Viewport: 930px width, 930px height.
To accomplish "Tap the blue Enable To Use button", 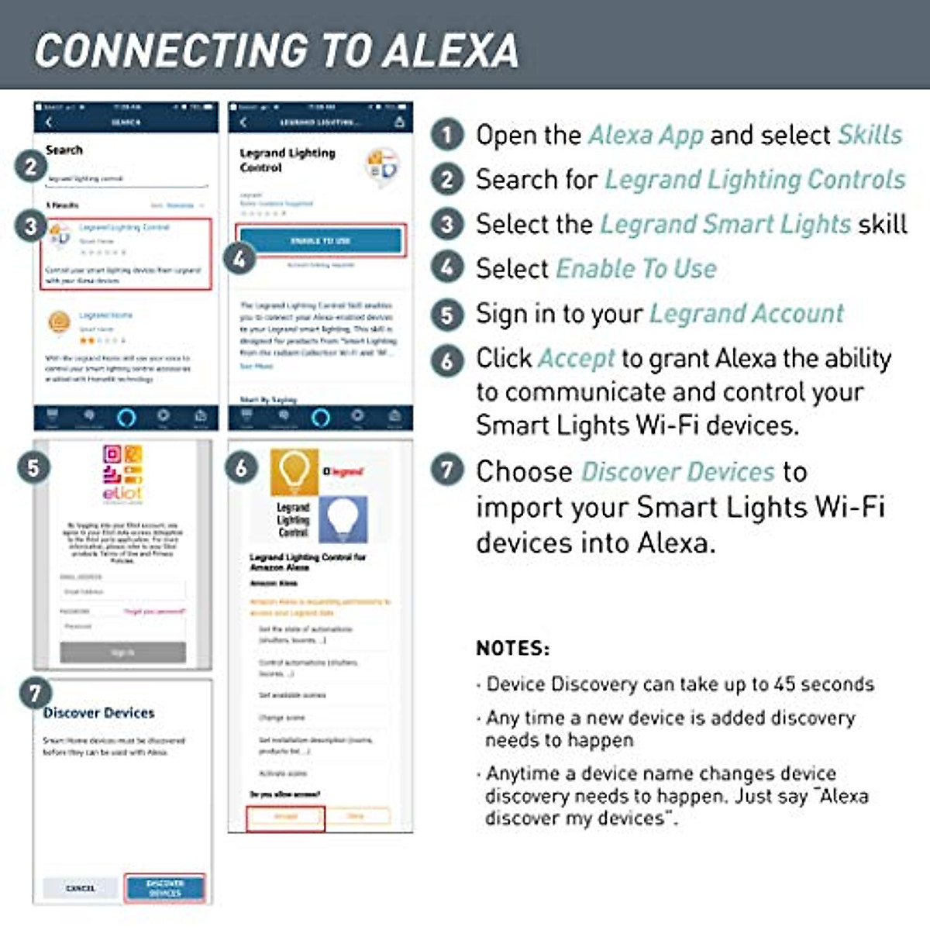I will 320,240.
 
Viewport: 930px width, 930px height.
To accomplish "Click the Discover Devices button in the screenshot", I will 165,887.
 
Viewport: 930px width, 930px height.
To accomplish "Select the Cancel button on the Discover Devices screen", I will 81,888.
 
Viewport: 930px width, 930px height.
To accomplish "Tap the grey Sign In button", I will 122,653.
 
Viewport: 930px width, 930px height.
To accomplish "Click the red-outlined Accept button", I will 285,817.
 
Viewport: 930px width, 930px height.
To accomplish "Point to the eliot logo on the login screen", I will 122,473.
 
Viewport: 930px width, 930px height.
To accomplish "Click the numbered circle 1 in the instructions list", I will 447,135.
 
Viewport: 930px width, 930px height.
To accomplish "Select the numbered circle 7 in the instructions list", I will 447,470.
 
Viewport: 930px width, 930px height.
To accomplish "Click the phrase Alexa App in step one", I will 646,135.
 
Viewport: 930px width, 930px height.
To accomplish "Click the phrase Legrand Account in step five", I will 746,313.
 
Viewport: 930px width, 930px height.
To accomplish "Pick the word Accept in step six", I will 576,358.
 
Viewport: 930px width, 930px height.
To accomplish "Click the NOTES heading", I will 512,648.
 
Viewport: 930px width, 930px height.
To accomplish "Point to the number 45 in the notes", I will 784,684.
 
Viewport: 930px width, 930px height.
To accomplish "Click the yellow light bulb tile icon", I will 294,471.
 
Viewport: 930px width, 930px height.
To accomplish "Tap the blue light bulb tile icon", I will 343,518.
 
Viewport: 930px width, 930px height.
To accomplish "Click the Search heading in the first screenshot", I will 64,150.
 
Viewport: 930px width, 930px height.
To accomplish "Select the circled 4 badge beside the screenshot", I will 239,259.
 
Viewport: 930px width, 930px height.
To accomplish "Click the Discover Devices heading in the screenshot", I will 98,712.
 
